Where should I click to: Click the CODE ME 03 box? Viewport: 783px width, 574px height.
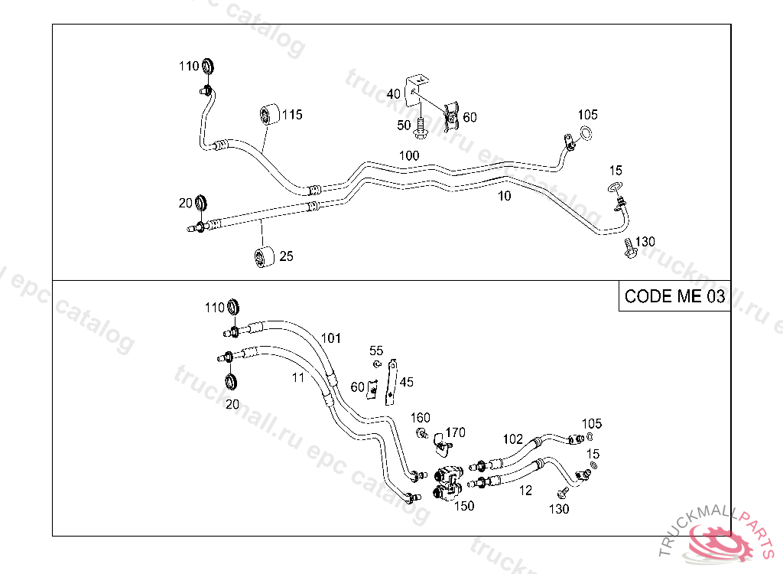(674, 297)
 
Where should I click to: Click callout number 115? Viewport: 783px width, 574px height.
(291, 115)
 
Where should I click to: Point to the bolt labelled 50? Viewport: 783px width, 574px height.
(420, 130)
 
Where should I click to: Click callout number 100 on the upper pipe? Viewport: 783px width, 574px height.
(409, 155)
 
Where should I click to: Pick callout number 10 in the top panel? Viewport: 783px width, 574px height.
(504, 196)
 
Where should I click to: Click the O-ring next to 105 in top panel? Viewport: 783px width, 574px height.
(585, 136)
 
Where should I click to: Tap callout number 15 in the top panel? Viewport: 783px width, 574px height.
(616, 170)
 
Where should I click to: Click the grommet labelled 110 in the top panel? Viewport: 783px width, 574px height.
(210, 67)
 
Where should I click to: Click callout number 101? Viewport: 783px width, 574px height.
(330, 338)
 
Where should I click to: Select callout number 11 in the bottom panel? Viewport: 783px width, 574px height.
(298, 377)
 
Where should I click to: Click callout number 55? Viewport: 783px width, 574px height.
(376, 351)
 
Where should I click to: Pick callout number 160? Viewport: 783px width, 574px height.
(421, 418)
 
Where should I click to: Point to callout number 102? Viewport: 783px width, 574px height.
(513, 439)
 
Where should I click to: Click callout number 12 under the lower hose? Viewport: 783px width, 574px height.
(525, 491)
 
